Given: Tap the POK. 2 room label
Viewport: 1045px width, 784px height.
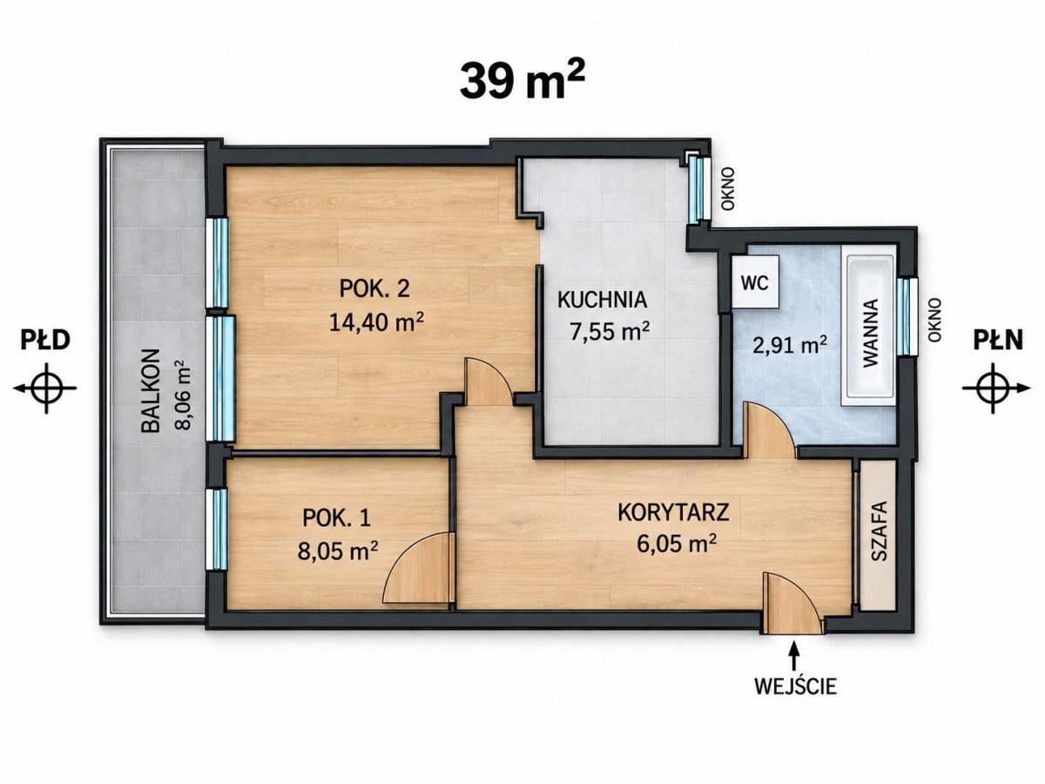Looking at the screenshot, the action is [x=374, y=288].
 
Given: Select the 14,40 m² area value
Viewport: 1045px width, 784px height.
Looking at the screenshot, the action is [x=376, y=322].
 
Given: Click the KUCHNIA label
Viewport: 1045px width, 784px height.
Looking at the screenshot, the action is [x=602, y=300].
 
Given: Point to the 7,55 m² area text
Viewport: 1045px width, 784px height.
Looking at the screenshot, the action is [x=610, y=332].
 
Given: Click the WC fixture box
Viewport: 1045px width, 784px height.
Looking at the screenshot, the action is [x=755, y=283].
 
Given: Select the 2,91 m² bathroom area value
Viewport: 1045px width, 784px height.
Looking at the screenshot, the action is [x=789, y=345].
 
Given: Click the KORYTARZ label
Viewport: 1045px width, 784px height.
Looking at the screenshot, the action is [x=673, y=512].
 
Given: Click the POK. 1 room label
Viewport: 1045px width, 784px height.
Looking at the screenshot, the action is [x=336, y=518].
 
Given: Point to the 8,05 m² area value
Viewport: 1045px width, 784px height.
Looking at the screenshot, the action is [x=338, y=551].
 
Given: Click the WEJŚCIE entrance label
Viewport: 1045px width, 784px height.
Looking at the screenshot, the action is [x=796, y=686].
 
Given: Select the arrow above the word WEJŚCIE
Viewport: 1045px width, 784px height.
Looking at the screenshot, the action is [x=793, y=655].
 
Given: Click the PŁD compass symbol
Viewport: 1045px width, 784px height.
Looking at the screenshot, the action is [x=46, y=389].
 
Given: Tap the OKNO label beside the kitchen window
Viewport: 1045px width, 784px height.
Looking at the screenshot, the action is [x=728, y=189].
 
